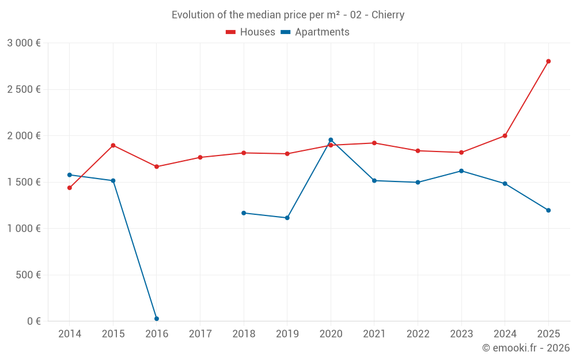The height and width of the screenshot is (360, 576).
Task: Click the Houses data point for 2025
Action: tap(548, 61)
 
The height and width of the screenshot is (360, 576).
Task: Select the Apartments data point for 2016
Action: tap(157, 319)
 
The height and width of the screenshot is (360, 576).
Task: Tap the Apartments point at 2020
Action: tap(331, 140)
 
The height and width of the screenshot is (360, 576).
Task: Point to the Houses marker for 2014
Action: tap(70, 188)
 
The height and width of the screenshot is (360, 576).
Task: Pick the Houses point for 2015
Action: tap(113, 145)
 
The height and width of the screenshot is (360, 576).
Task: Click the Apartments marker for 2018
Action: tap(244, 213)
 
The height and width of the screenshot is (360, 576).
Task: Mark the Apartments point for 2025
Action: tap(548, 210)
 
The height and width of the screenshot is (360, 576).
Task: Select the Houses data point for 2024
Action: tap(505, 136)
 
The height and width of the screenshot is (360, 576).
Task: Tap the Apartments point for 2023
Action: tap(461, 171)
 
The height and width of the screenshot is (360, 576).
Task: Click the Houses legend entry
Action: tap(251, 32)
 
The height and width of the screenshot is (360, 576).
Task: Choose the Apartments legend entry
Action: tap(315, 32)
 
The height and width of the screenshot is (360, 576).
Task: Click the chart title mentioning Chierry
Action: tap(288, 15)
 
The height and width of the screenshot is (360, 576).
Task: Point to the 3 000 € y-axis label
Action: tap(24, 43)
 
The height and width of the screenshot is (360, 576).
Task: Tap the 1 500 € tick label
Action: tap(24, 182)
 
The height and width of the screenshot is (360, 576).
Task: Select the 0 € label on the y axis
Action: tap(34, 321)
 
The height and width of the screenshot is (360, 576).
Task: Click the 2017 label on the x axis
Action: tap(200, 334)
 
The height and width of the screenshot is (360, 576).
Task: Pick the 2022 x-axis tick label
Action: tap(418, 334)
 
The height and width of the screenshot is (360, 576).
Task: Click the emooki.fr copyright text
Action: tap(525, 348)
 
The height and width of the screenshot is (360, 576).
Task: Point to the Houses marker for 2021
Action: tap(374, 143)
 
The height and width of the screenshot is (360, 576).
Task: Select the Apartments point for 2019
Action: tap(287, 218)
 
